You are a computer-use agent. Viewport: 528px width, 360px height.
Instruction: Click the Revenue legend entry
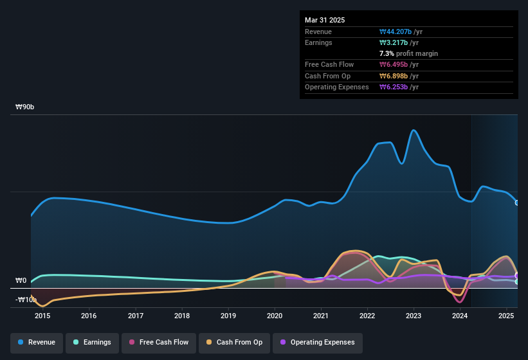37,342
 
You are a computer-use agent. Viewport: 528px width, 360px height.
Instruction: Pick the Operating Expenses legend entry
318,342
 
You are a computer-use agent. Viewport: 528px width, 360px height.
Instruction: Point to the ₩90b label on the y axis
25,107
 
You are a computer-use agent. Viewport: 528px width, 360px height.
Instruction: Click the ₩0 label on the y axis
21,281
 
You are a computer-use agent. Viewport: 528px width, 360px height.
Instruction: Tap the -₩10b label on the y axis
26,300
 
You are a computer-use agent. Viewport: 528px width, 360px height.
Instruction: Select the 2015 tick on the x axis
42,316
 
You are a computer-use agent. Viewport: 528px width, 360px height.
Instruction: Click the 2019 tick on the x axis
228,316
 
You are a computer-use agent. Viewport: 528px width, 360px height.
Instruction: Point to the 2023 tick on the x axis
414,316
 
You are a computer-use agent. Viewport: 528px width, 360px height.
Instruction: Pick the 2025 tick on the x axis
507,316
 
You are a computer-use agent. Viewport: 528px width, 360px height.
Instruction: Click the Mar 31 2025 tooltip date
325,20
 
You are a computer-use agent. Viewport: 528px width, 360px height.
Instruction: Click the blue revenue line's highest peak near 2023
414,130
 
